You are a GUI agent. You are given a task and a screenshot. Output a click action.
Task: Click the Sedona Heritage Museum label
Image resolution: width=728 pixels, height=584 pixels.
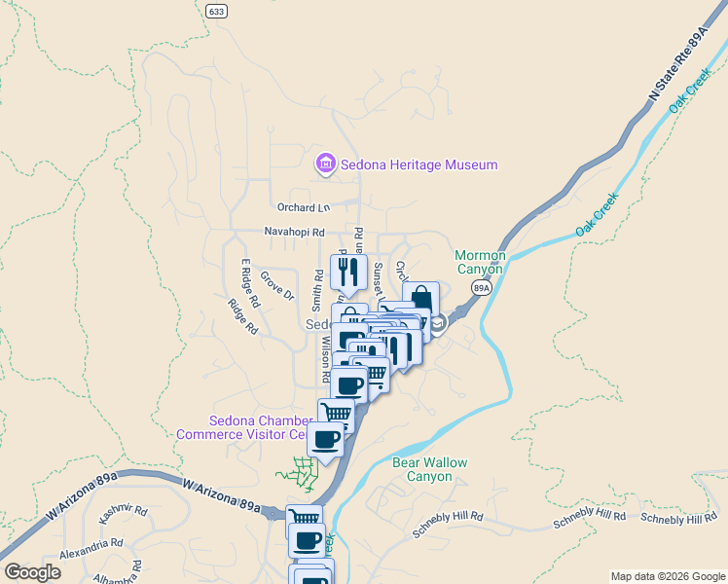point(419,164)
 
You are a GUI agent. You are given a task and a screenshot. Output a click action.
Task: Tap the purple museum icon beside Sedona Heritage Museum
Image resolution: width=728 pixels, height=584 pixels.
point(325,164)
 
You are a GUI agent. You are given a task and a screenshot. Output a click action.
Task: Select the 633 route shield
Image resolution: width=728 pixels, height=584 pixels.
point(216,10)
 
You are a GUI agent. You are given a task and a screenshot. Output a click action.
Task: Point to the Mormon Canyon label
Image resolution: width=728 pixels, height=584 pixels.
point(481,263)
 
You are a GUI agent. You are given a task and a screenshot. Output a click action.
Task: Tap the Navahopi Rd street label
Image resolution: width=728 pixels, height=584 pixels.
point(294,233)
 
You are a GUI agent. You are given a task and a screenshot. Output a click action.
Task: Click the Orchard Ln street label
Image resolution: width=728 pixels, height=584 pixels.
point(304,207)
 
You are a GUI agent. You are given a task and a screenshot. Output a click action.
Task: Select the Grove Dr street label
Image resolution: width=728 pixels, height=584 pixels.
point(275,286)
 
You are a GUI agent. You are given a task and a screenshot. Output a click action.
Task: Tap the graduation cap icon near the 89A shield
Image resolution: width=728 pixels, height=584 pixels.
point(437,324)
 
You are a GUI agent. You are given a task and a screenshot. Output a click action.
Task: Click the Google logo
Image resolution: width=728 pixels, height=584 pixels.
point(32,572)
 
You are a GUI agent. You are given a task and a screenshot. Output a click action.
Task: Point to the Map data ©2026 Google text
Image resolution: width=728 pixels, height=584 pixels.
point(667,576)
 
